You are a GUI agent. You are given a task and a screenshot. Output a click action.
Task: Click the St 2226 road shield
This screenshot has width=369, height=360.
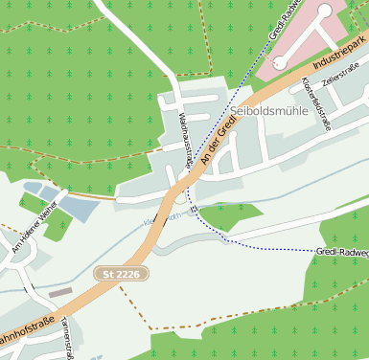coord(123,274)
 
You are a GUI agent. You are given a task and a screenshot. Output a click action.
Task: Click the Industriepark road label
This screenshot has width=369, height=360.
coord(343,56)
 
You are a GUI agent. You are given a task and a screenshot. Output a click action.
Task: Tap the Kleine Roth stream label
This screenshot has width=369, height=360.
coord(158,218)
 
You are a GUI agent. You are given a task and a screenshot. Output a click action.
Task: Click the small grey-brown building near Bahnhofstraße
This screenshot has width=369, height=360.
coord(60,292)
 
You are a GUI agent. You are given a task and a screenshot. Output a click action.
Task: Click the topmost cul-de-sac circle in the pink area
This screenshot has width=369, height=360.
coord(324,11)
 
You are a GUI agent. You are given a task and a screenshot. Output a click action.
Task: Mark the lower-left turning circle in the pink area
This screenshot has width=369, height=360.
coord(279,62)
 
